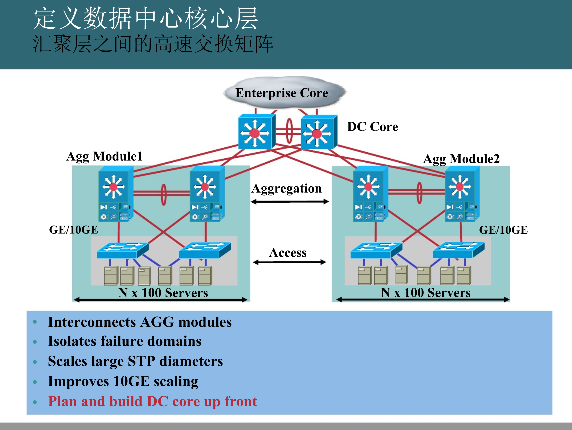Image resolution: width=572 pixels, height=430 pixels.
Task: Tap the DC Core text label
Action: tap(372, 127)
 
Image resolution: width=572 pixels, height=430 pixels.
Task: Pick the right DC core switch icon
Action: tap(318, 133)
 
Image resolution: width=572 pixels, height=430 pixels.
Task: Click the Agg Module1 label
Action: tap(105, 157)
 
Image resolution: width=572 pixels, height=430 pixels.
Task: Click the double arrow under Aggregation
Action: tap(290, 202)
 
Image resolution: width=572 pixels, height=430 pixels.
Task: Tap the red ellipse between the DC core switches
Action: tap(289, 131)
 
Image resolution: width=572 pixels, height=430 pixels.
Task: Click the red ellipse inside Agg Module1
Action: tap(163, 194)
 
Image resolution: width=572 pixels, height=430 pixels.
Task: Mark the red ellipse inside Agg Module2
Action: tap(420, 193)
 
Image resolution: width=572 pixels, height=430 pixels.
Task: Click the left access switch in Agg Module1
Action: tap(123, 250)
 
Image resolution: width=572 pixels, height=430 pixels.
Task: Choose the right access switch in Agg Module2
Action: tap(458, 250)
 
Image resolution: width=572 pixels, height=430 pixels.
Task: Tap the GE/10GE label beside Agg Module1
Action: tap(74, 230)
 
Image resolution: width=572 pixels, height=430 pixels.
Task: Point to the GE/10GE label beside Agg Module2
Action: tap(503, 230)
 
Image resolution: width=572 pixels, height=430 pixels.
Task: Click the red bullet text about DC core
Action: tap(152, 402)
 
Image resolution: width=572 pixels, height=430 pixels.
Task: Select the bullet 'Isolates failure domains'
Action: tap(125, 341)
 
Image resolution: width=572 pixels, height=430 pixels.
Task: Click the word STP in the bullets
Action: tap(142, 361)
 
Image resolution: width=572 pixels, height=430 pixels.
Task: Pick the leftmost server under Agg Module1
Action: tap(111, 276)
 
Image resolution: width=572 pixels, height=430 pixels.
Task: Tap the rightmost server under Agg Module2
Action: tap(464, 276)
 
